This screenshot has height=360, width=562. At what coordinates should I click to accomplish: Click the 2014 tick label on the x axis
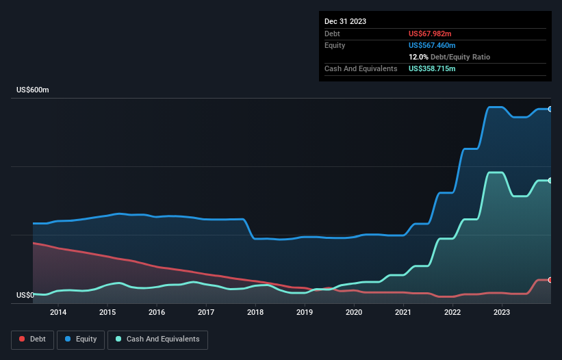(x=58, y=313)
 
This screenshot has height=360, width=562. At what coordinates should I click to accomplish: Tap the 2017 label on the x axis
(x=206, y=313)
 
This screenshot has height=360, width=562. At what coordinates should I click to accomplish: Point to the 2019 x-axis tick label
(x=305, y=313)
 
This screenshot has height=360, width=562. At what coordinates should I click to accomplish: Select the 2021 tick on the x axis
(x=403, y=313)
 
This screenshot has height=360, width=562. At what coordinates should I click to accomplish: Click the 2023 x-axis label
(x=502, y=313)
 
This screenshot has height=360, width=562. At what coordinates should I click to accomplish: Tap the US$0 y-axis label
(x=25, y=296)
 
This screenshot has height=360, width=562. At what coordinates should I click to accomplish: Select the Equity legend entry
(x=80, y=339)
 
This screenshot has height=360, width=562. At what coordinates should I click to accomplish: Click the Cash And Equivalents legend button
(x=157, y=339)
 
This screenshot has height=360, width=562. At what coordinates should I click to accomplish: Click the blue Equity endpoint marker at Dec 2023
(x=550, y=109)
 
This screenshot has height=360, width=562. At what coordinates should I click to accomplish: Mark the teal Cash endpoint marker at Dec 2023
(x=550, y=180)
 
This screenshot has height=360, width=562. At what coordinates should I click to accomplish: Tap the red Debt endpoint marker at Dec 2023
(x=550, y=280)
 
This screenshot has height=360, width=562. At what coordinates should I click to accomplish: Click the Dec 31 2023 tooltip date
(x=345, y=21)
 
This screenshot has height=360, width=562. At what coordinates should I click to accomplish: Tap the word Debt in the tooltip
(x=333, y=34)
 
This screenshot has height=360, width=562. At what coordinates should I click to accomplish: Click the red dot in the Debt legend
(x=22, y=339)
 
